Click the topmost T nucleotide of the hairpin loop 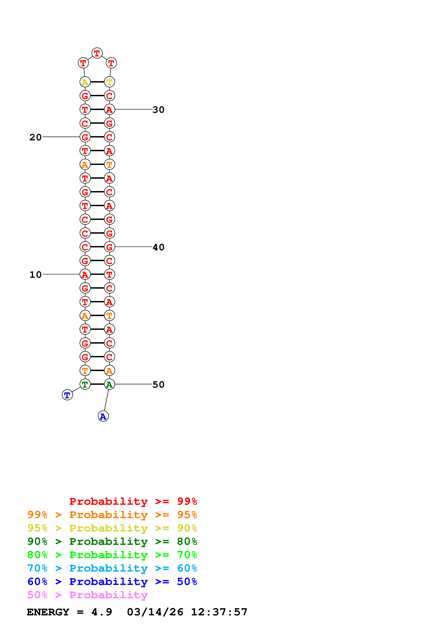point(97,53)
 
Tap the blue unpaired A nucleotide point(103,416)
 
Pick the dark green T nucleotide point(85,384)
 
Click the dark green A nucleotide point(109,384)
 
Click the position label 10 point(35,274)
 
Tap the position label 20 point(35,137)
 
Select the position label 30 point(159,110)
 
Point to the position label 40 point(159,247)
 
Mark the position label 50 point(159,385)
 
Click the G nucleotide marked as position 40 point(109,247)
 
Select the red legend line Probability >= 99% point(133,501)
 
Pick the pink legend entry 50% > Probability point(87,595)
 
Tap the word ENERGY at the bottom point(48,612)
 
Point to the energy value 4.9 point(102,612)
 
